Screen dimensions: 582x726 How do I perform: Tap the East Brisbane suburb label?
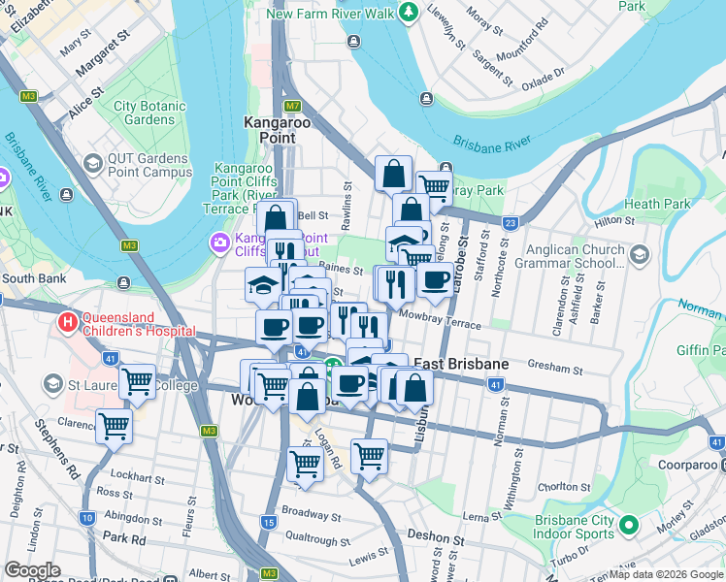pyautogui.click(x=461, y=364)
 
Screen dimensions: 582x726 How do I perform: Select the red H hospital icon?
pyautogui.click(x=68, y=321)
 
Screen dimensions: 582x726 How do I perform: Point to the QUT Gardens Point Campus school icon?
pyautogui.click(x=93, y=164)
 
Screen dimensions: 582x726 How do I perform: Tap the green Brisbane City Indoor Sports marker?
pyautogui.click(x=628, y=526)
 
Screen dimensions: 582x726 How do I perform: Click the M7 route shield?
pyautogui.click(x=292, y=105)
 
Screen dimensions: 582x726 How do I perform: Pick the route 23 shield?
pyautogui.click(x=510, y=223)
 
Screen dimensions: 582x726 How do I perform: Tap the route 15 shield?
pyautogui.click(x=269, y=522)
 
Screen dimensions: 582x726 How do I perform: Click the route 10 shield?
pyautogui.click(x=87, y=518)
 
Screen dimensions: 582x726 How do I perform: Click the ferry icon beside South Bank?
pyautogui.click(x=123, y=282)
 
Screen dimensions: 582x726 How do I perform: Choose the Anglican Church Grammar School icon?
pyautogui.click(x=639, y=254)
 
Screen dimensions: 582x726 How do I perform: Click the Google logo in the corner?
pyautogui.click(x=33, y=570)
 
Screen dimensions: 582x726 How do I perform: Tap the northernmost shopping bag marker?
pyautogui.click(x=394, y=175)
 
